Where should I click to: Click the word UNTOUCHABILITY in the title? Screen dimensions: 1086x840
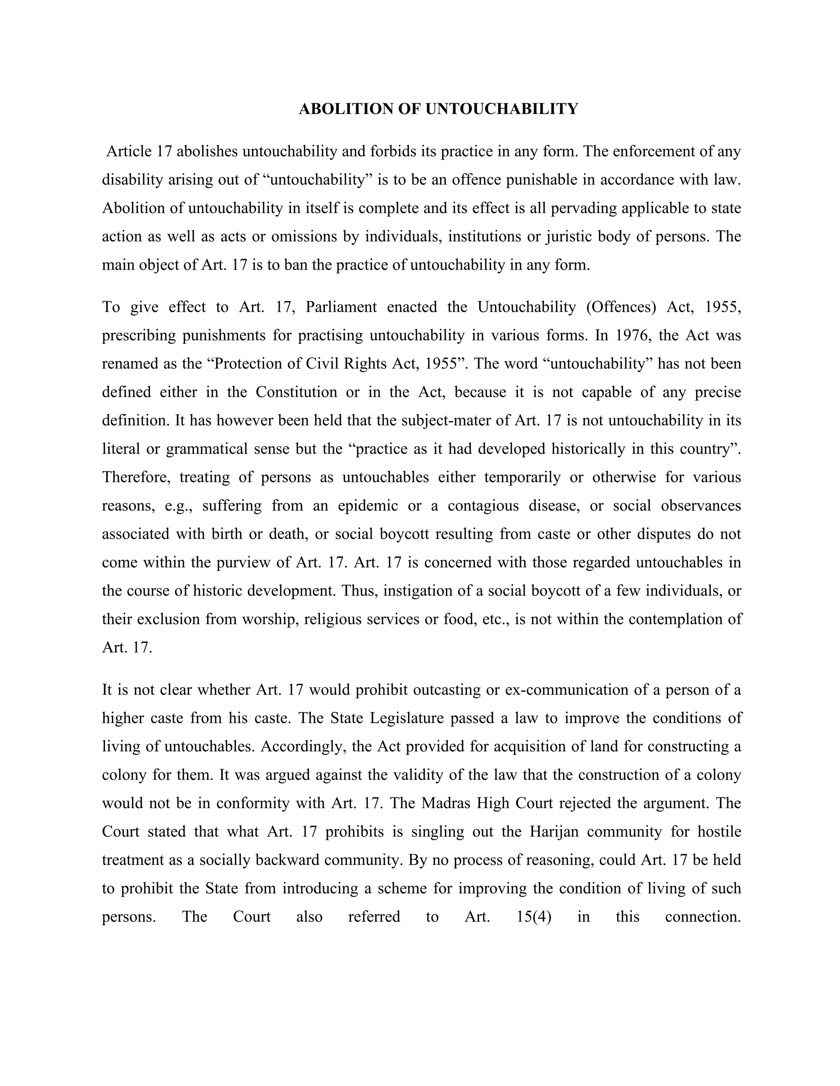[502, 109]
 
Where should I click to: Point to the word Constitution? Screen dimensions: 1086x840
[297, 392]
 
